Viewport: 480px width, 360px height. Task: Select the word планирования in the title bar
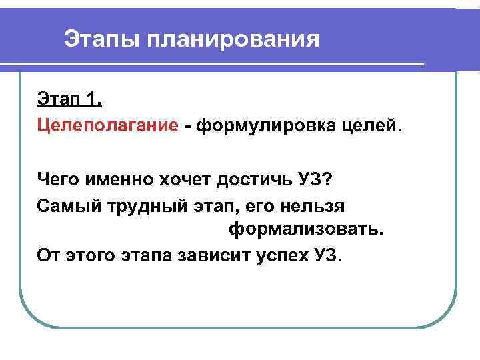234,39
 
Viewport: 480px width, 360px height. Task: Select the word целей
371,125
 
